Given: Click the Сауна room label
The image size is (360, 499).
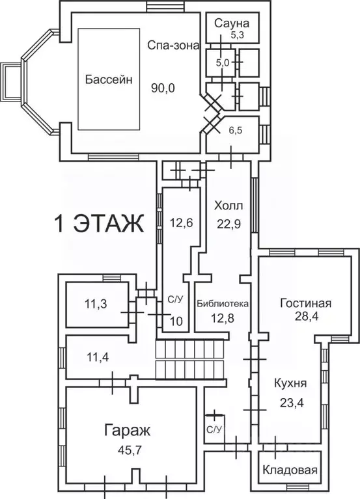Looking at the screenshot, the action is click(232, 23).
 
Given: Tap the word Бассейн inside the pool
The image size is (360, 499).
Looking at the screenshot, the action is click(109, 79).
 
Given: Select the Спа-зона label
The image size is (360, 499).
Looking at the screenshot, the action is click(173, 46).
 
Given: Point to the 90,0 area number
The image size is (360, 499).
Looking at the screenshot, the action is click(163, 88).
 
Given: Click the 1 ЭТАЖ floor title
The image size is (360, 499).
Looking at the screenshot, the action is click(100, 224).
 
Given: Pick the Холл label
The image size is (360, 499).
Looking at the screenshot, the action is click(228, 206).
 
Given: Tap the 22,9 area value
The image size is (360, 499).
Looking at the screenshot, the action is click(229, 224).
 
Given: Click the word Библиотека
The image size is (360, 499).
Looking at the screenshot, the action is click(223, 304).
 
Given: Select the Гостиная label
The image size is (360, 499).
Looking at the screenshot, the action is click(305, 303).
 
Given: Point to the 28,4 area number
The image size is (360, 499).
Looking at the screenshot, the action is click(307, 317).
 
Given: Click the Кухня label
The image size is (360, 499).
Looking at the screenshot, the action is click(290, 383).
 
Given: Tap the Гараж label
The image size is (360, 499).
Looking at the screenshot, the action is click(128, 431).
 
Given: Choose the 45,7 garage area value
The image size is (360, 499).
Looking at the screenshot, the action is click(130, 450).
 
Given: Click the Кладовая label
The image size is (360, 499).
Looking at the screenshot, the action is click(290, 470).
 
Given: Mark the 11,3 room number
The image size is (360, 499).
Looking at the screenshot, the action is click(96, 304).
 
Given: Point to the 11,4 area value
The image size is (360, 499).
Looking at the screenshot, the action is click(98, 358).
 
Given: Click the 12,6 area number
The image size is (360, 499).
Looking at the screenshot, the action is click(181, 223).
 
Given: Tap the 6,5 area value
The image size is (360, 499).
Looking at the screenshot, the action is click(235, 130).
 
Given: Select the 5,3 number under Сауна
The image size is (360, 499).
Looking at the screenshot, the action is click(237, 35).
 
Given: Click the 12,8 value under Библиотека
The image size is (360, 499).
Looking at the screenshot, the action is click(223, 317).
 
